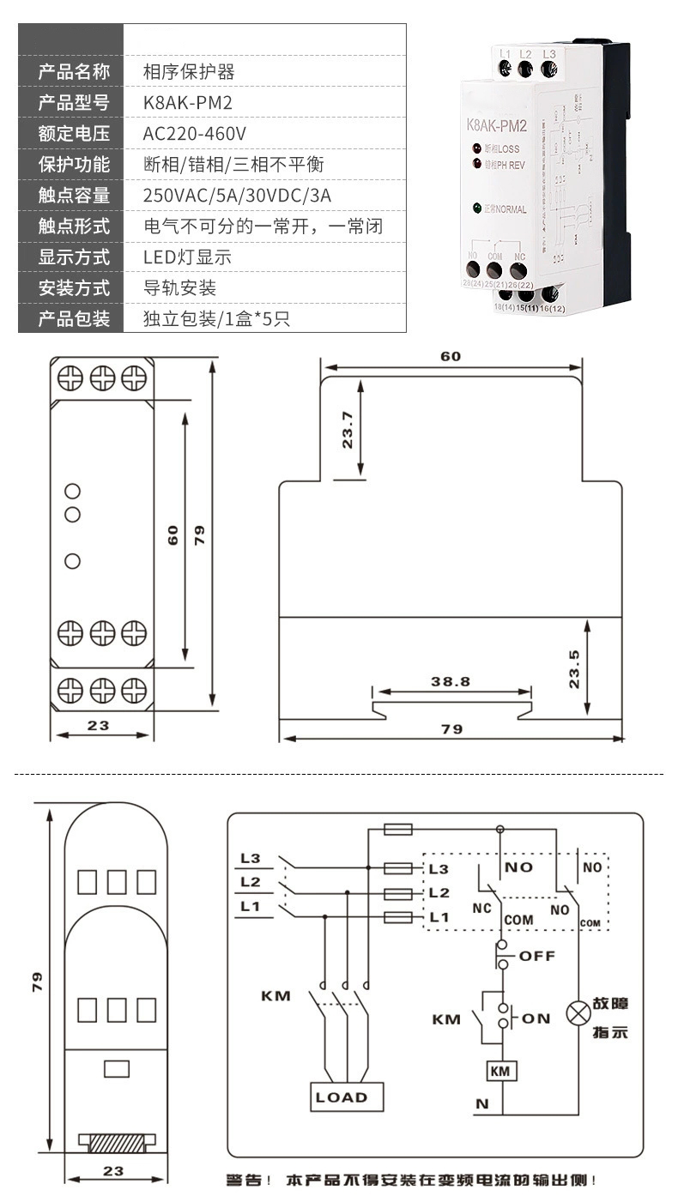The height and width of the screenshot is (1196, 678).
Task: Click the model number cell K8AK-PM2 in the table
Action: point(188,103)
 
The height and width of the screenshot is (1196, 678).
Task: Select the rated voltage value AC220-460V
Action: point(195,134)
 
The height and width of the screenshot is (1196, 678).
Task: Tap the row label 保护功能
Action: point(75,165)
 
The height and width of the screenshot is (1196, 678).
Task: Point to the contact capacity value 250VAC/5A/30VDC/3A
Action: point(237,196)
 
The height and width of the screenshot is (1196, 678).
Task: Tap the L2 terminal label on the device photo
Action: point(526,54)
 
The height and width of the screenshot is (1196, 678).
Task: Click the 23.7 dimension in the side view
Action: point(348,430)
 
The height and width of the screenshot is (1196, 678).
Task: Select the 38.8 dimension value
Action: point(450,681)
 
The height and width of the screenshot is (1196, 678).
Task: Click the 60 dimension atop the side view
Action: point(451,356)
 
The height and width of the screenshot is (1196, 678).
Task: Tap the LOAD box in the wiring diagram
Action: point(342,1097)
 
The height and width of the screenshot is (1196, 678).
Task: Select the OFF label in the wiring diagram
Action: point(538,956)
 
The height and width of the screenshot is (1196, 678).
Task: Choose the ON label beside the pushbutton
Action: point(536,1018)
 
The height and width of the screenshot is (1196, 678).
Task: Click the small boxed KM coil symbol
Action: point(499,1071)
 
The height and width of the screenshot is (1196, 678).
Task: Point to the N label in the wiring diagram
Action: point(481,1104)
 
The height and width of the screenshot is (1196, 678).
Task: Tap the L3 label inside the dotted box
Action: point(439,868)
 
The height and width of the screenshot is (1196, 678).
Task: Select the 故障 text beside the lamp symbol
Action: point(610,1004)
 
